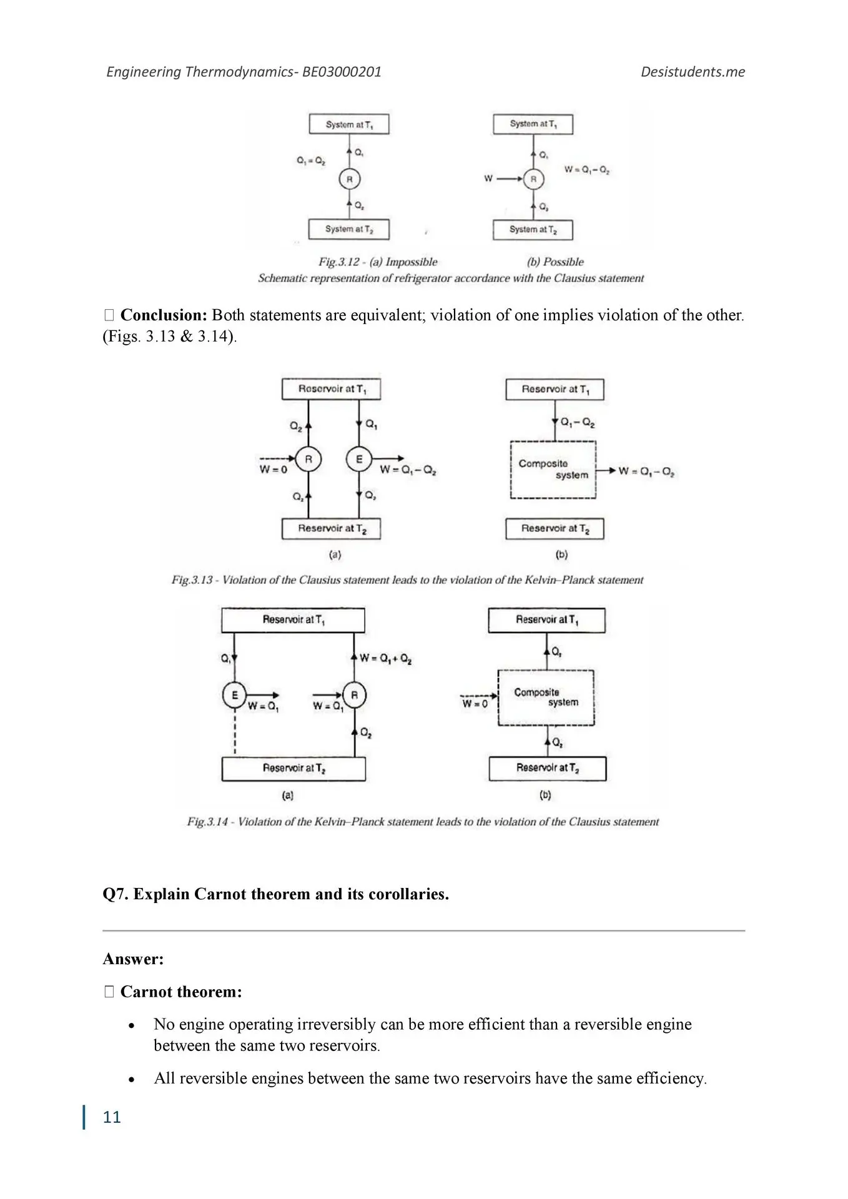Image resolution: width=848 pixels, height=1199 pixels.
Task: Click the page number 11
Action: pyautogui.click(x=112, y=1117)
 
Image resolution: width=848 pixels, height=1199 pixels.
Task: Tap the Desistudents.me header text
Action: pyautogui.click(x=693, y=72)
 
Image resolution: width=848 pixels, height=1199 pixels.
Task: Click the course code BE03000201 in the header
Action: pyautogui.click(x=342, y=72)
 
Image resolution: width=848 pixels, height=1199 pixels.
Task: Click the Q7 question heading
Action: pyautogui.click(x=275, y=894)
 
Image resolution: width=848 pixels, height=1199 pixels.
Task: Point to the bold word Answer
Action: pyautogui.click(x=133, y=959)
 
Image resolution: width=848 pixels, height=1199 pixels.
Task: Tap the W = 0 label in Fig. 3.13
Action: pyautogui.click(x=274, y=470)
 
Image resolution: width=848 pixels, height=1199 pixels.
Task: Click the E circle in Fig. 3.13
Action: pyautogui.click(x=359, y=459)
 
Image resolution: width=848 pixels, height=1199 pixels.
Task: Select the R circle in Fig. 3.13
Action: pyautogui.click(x=308, y=459)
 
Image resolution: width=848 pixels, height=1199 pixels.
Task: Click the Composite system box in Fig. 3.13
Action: pyautogui.click(x=553, y=470)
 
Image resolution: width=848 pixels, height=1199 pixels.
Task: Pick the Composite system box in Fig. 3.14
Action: pyautogui.click(x=546, y=698)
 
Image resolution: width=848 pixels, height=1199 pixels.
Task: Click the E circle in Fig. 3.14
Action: pyautogui.click(x=235, y=695)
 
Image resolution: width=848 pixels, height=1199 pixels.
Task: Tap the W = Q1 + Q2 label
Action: pyautogui.click(x=386, y=658)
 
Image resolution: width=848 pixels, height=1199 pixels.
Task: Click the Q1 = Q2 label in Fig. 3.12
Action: pyautogui.click(x=310, y=160)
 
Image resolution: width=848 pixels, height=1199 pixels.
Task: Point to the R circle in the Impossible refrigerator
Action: pyautogui.click(x=350, y=179)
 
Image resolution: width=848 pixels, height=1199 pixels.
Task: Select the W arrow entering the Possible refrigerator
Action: pyautogui.click(x=509, y=179)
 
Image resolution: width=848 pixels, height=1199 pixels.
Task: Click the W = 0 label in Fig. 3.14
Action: pyautogui.click(x=475, y=704)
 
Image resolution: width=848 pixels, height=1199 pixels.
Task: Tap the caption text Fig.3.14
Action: pyautogui.click(x=207, y=822)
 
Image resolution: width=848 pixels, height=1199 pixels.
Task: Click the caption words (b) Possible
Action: pyautogui.click(x=555, y=262)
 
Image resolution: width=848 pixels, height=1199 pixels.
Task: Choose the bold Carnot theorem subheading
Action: pyautogui.click(x=180, y=992)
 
